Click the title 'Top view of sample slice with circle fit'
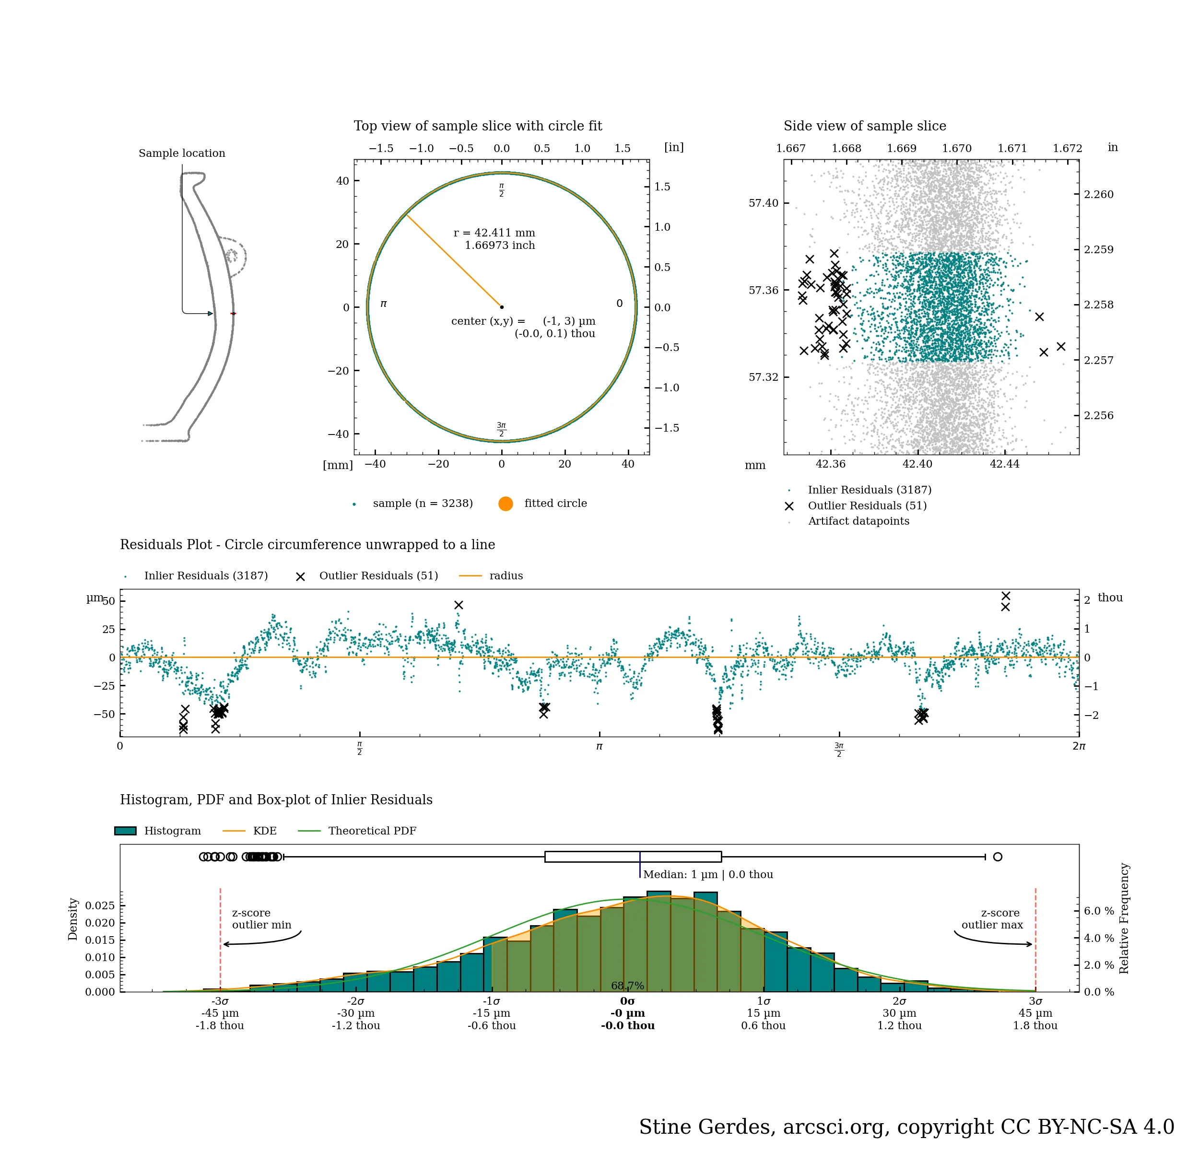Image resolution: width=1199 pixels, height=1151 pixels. pyautogui.click(x=478, y=126)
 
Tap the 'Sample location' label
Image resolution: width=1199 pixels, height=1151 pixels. pyautogui.click(x=182, y=153)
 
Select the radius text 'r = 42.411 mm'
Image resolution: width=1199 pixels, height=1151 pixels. pyautogui.click(x=494, y=233)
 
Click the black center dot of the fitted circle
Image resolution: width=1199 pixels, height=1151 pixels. pyautogui.click(x=502, y=307)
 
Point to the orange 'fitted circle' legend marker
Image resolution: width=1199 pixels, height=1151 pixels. pyautogui.click(x=505, y=504)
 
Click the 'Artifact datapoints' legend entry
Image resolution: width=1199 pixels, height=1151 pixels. pyautogui.click(x=858, y=522)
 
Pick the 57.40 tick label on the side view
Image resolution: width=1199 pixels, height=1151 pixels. pyautogui.click(x=764, y=203)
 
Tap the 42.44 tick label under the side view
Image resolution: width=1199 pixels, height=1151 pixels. pyautogui.click(x=1004, y=464)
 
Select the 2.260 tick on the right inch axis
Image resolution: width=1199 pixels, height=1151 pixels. pyautogui.click(x=1099, y=195)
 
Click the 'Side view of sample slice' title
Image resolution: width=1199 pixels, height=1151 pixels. pyautogui.click(x=864, y=126)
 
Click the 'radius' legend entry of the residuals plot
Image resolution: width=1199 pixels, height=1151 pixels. pyautogui.click(x=506, y=576)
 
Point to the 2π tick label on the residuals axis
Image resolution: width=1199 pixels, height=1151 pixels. pyautogui.click(x=1079, y=746)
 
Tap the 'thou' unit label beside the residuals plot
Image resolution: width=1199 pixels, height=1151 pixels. pyautogui.click(x=1110, y=598)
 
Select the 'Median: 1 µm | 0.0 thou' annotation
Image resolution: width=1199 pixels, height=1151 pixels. pyautogui.click(x=708, y=875)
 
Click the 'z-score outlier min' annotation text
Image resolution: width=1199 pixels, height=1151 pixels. pyautogui.click(x=261, y=918)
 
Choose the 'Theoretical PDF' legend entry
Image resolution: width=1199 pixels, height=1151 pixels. pyautogui.click(x=372, y=831)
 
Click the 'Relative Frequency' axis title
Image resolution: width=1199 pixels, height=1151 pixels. pyautogui.click(x=1124, y=918)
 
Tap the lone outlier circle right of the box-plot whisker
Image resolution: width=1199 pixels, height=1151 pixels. pyautogui.click(x=998, y=857)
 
